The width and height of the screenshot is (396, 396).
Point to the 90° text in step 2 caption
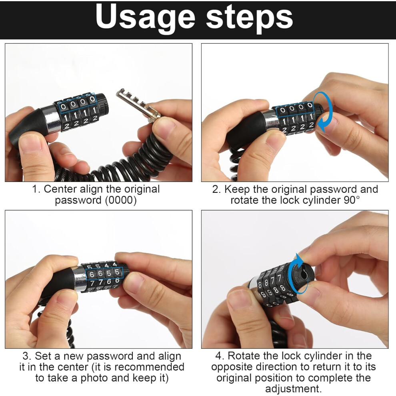[x=351, y=200]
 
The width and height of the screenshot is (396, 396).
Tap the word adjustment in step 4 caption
[x=293, y=389]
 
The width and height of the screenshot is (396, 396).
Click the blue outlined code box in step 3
[x=104, y=273]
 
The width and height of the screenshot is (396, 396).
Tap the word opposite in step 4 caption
[x=232, y=367]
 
